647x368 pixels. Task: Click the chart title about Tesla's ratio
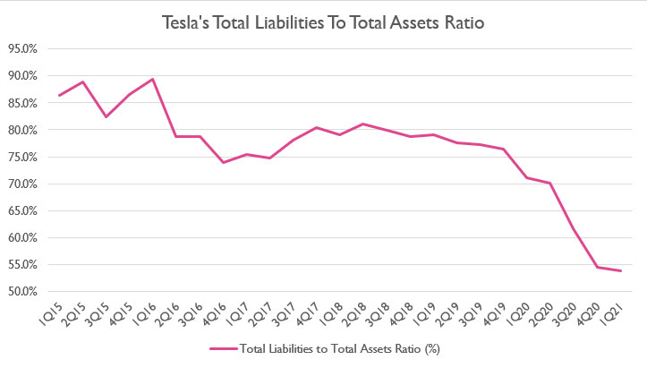[x=323, y=23]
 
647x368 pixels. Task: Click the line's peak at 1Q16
[x=153, y=79]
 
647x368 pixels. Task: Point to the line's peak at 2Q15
[x=82, y=82]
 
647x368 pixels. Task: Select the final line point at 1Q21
[x=622, y=270]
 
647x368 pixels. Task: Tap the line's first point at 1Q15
[x=59, y=95]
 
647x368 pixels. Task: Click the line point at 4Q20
[x=599, y=267]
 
